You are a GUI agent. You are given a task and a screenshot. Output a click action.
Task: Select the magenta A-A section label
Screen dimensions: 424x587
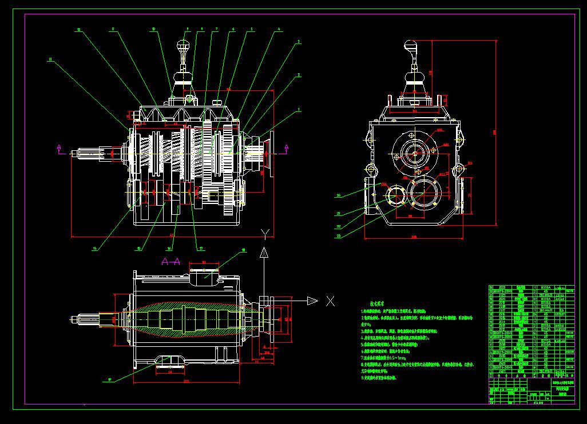(170, 262)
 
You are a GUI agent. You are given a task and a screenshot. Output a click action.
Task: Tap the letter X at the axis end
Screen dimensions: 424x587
(330, 301)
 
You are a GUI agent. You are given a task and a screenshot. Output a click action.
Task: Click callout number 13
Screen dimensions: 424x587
(51, 59)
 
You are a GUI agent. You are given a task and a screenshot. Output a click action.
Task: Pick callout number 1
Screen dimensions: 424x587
(298, 109)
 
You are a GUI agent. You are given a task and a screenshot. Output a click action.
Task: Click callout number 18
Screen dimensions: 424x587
(243, 250)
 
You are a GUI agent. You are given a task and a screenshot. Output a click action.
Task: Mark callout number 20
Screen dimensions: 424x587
(339, 195)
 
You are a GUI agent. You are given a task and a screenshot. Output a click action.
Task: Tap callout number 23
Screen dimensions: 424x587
(339, 235)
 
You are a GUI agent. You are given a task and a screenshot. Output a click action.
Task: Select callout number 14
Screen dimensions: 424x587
(94, 248)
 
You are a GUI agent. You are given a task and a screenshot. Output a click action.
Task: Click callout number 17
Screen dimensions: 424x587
(200, 248)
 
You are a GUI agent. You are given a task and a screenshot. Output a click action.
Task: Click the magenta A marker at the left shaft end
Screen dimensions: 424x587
(59, 149)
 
